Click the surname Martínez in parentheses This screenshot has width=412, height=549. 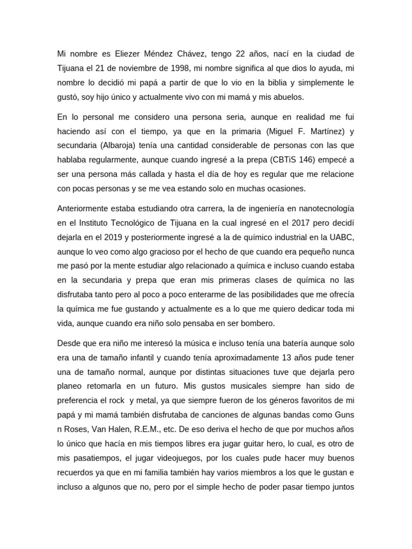click(x=315, y=131)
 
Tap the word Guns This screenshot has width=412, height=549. click(x=345, y=401)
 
